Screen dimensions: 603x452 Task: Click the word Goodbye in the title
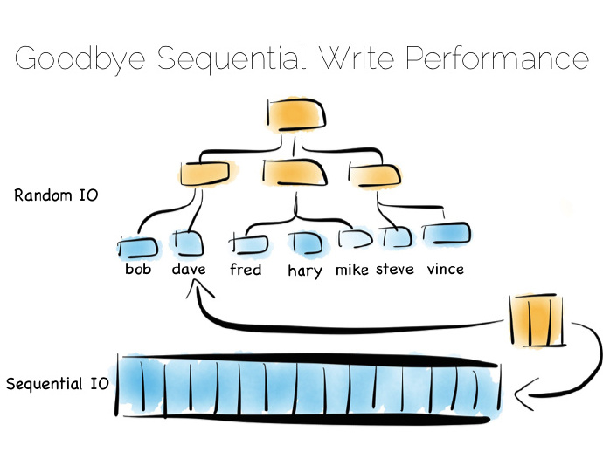(x=80, y=58)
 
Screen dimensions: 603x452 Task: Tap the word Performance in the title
(x=497, y=58)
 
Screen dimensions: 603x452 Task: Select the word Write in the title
(x=357, y=58)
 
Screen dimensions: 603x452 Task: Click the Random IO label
(x=56, y=195)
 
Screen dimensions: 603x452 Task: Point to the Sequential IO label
(x=58, y=384)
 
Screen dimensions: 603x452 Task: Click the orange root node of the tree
(x=296, y=114)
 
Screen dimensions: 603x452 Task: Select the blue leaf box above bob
(x=138, y=248)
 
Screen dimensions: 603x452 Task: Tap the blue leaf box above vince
(x=447, y=234)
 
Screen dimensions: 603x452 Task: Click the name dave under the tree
(x=189, y=269)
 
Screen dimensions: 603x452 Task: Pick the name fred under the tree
(x=246, y=269)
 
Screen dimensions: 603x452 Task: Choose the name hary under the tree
(x=305, y=271)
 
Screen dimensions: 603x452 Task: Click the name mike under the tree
(x=352, y=270)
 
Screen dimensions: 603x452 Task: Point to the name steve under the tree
(x=394, y=269)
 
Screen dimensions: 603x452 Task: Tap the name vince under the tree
(x=446, y=269)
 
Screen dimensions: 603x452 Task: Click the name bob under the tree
(x=138, y=269)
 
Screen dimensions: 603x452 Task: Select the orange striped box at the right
(x=537, y=320)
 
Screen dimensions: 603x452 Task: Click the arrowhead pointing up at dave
(x=198, y=289)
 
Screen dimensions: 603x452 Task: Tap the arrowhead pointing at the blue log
(x=523, y=394)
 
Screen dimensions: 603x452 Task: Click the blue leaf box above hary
(x=308, y=243)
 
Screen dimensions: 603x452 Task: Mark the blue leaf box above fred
(x=249, y=243)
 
